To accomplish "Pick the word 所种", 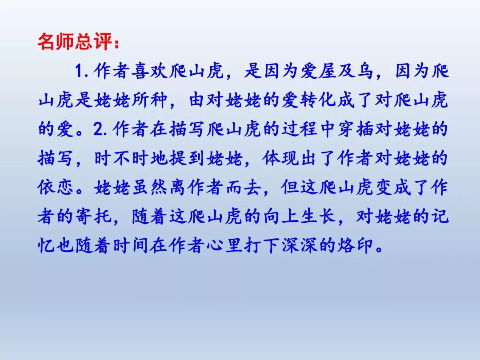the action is tap(150, 100).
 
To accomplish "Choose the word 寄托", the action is tap(94, 216).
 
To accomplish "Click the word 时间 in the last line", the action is tap(131, 245).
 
